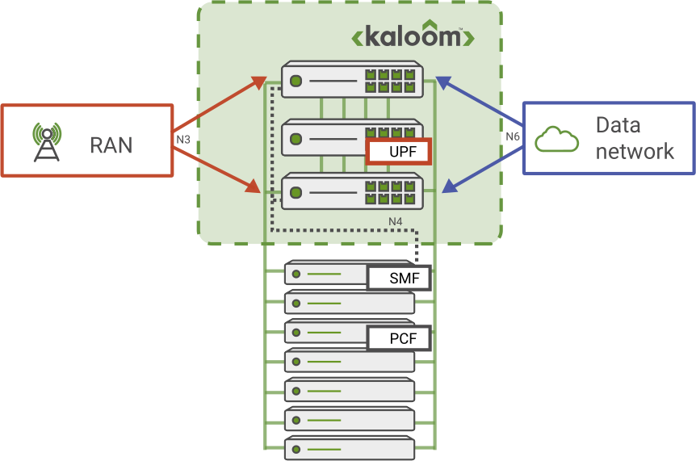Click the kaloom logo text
click(413, 37)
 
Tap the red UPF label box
click(399, 151)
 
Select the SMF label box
click(399, 279)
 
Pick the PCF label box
click(399, 337)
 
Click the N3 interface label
click(183, 138)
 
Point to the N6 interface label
click(513, 137)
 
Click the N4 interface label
click(396, 220)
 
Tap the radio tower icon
click(46, 142)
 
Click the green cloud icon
click(558, 139)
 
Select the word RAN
click(111, 145)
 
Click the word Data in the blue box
click(618, 125)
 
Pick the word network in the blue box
click(634, 151)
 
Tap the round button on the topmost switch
click(296, 81)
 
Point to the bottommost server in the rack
click(349, 448)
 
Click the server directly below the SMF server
click(349, 304)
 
